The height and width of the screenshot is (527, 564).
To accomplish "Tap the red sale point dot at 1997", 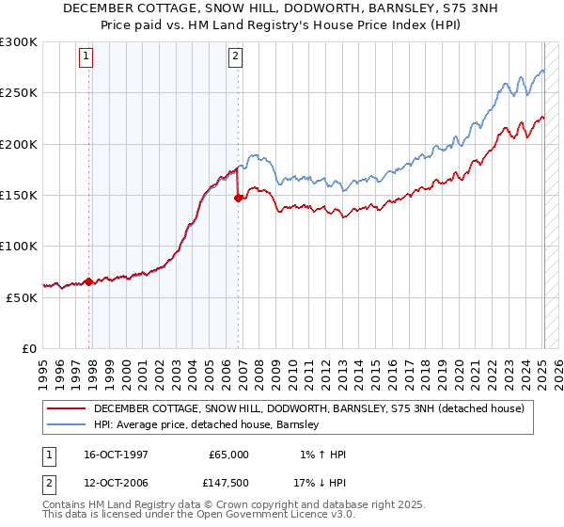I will [88, 281].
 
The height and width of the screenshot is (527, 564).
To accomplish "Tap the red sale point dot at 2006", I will [238, 198].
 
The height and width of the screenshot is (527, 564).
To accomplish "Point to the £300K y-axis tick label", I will [18, 42].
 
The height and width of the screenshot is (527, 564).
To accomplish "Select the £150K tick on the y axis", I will [18, 195].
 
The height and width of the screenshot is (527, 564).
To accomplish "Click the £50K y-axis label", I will [22, 297].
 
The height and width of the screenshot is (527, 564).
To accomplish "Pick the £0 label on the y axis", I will [30, 348].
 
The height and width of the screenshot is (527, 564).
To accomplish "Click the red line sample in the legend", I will [67, 408].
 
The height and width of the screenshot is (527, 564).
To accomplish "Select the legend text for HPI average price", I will [207, 425].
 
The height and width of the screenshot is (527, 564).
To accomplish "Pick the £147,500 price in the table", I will [228, 483].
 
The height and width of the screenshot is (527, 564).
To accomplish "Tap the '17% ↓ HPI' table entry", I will [321, 483].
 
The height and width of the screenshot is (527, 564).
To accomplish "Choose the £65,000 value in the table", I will [228, 455].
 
